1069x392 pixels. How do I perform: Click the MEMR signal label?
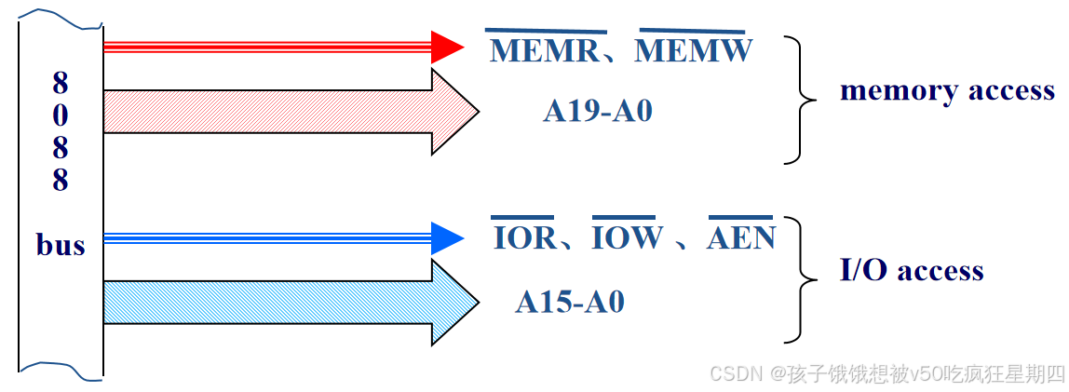tap(545, 51)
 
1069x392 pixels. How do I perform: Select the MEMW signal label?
tap(694, 51)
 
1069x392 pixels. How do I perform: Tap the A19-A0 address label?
tap(598, 112)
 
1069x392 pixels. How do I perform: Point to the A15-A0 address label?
tap(570, 303)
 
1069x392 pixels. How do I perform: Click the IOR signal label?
tap(523, 238)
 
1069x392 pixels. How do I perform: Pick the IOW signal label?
tap(627, 238)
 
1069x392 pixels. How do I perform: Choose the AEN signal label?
tap(741, 238)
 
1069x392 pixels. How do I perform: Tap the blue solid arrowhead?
tap(447, 237)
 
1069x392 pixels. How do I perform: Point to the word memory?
tap(886, 91)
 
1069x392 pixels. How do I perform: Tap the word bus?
tap(61, 246)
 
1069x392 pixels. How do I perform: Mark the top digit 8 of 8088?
tap(61, 84)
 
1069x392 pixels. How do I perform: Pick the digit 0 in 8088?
tap(61, 116)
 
